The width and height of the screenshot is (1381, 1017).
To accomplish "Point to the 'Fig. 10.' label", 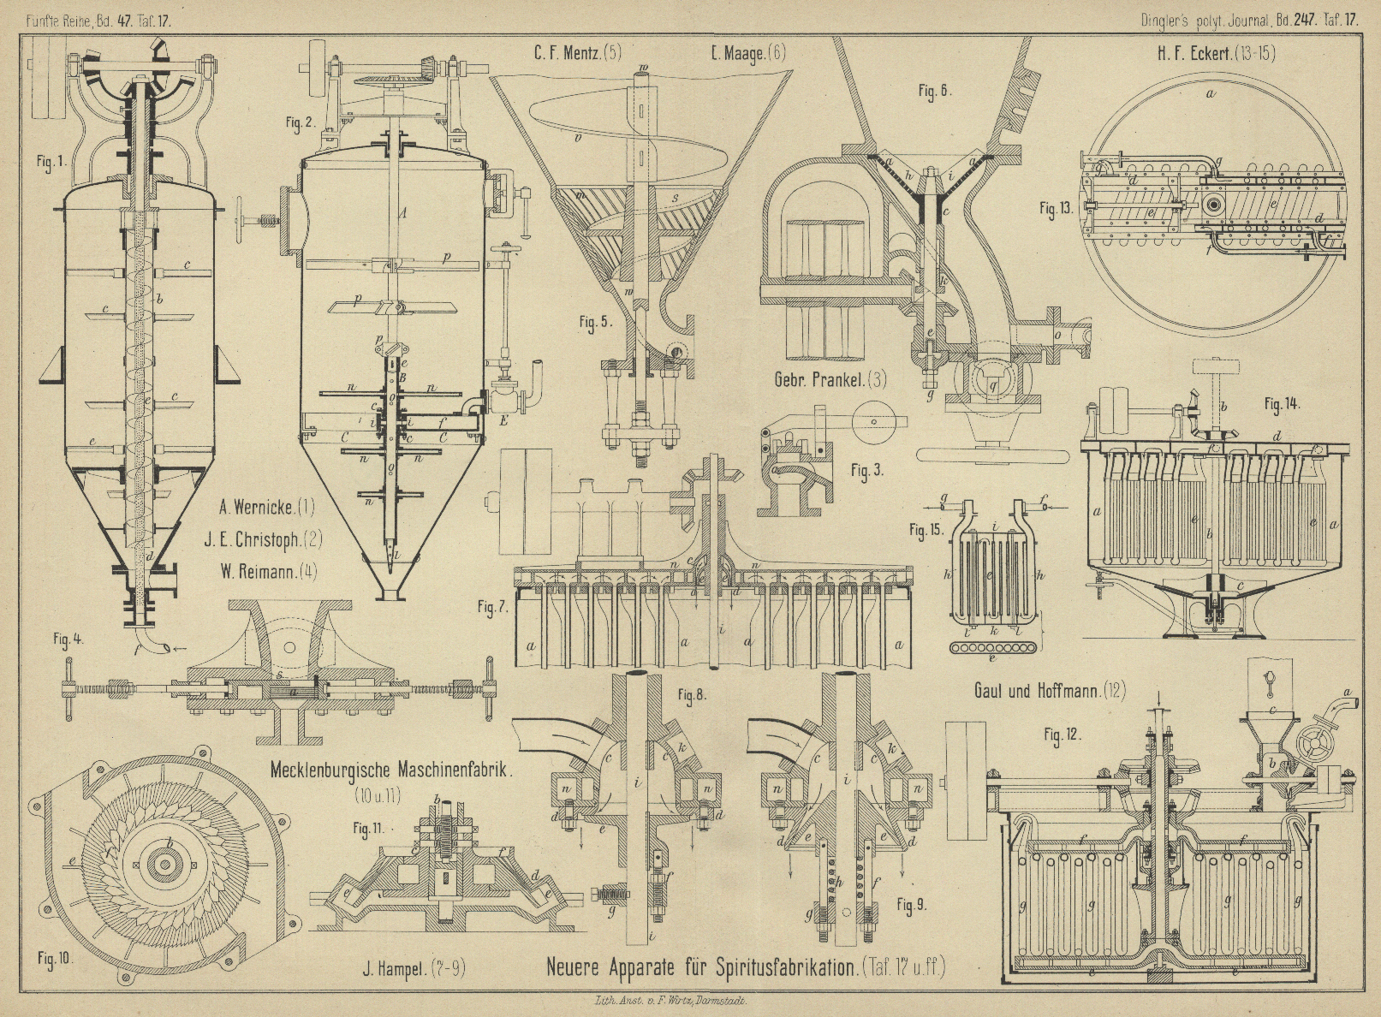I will [x=54, y=959].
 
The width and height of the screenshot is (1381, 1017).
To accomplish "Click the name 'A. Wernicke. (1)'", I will [x=266, y=508].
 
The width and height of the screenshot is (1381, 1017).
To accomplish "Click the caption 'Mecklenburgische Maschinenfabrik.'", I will [x=390, y=770].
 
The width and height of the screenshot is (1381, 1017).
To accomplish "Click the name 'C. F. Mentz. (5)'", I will [x=578, y=53].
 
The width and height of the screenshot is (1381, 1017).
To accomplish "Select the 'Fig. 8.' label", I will [x=691, y=695].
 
